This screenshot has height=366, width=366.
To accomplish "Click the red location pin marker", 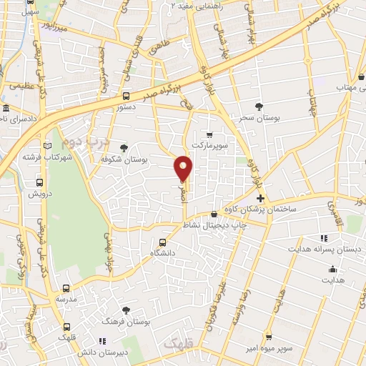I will tap(184, 168).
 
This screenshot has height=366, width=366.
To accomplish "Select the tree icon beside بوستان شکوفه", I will tap(125, 148).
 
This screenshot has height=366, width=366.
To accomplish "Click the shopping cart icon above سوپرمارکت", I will tap(209, 134).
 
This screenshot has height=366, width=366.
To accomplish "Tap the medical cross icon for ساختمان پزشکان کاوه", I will tap(260, 198).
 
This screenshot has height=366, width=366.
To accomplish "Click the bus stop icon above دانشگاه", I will tap(163, 242).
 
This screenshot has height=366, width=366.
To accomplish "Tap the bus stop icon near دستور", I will tap(126, 96).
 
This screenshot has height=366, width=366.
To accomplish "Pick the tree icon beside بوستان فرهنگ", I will tap(126, 310).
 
